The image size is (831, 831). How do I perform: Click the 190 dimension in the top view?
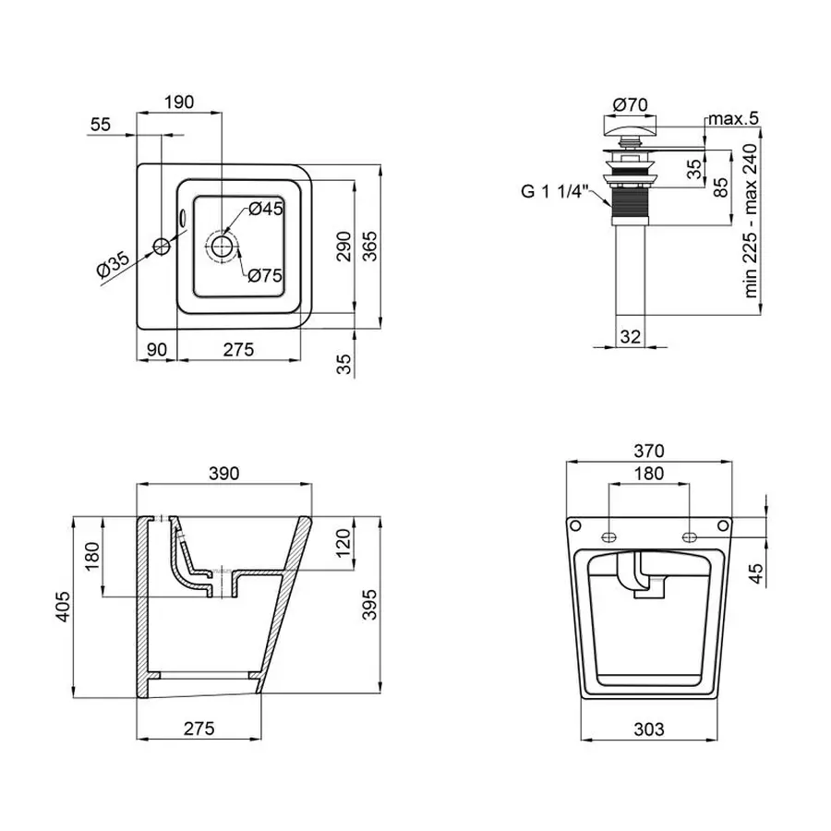(179, 102)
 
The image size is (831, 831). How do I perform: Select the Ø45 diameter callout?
(265, 209)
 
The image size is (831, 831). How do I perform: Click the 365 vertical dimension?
(368, 247)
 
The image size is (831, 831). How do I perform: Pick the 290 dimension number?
(343, 247)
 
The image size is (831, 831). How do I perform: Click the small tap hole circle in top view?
(162, 246)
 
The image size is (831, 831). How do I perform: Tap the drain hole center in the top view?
(223, 246)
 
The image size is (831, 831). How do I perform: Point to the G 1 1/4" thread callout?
(553, 191)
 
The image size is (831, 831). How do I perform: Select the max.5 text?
(732, 118)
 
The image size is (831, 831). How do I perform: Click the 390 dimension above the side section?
(223, 473)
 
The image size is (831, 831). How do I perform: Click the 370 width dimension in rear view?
(649, 451)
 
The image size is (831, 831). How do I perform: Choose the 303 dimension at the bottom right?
(649, 729)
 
